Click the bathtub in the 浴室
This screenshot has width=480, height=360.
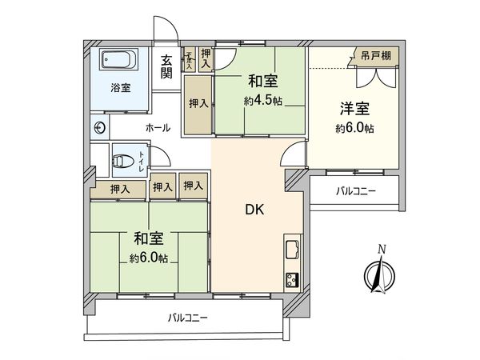[120, 61]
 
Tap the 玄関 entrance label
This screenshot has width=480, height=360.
[166, 66]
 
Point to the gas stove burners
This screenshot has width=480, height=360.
[291, 279]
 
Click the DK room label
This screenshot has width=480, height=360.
[254, 210]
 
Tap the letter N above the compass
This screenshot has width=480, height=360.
[382, 249]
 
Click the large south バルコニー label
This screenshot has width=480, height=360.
[188, 318]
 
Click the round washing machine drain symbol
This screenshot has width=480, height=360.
[100, 127]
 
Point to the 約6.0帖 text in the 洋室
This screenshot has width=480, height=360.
[355, 129]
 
